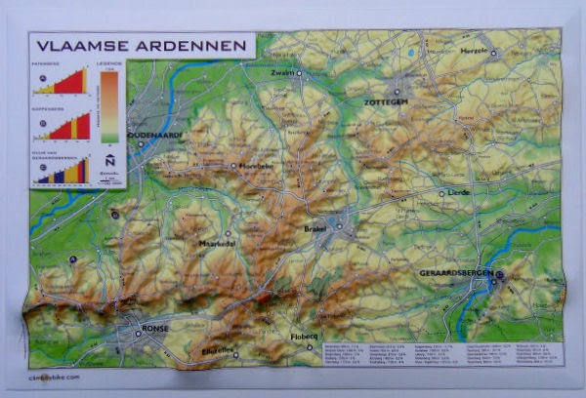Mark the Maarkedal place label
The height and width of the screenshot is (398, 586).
(x=217, y=244)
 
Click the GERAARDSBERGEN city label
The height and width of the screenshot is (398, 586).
(x=454, y=274)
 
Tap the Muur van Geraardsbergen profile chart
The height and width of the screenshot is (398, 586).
(x=61, y=171)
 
